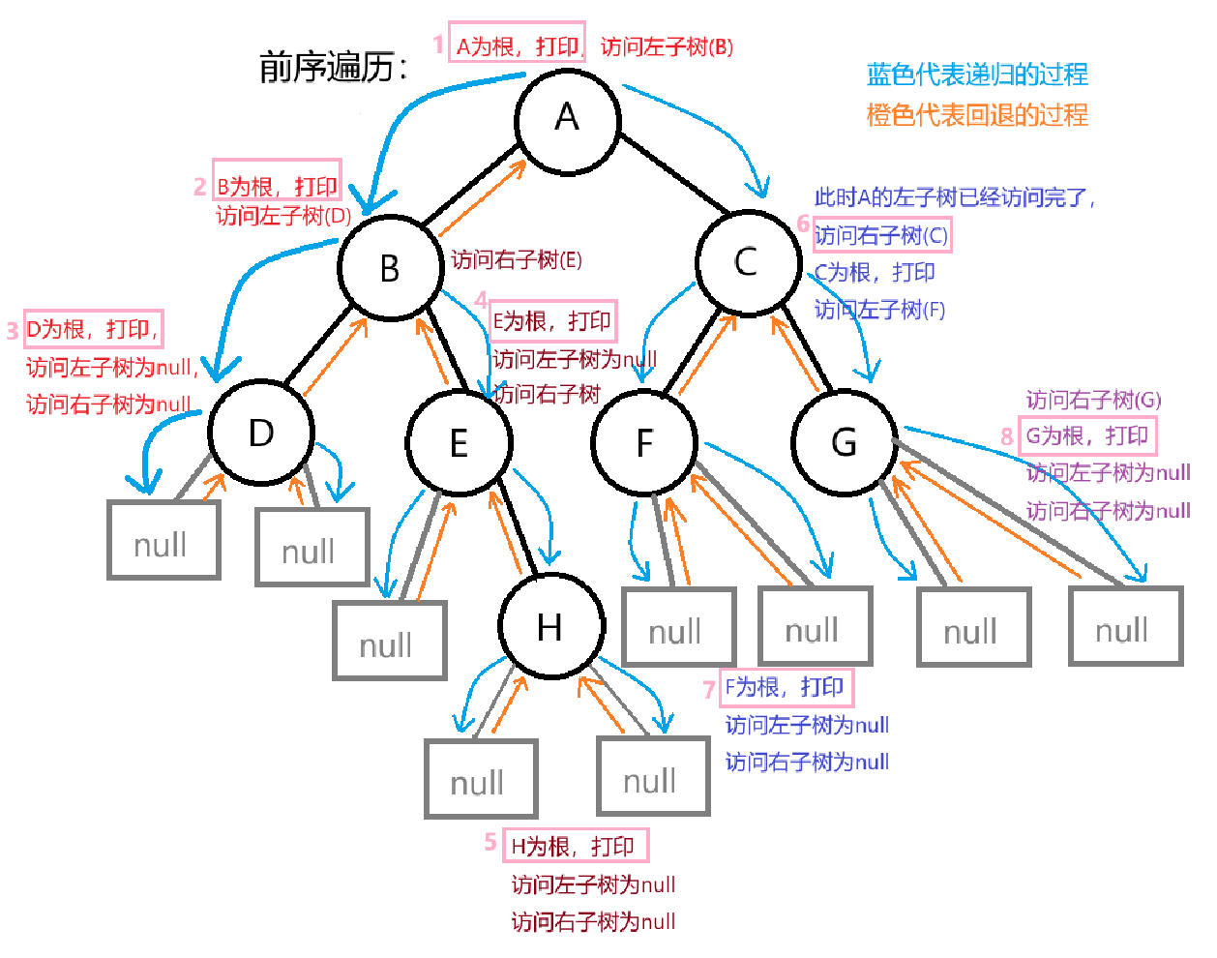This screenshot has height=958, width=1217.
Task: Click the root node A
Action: coord(567,120)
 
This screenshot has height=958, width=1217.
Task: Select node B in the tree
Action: coord(390,268)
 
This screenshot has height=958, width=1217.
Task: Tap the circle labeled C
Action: coord(747,261)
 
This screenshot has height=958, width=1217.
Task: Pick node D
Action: coord(261,433)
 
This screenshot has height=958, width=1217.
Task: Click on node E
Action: coord(459,443)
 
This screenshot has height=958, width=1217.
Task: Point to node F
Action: coord(644,443)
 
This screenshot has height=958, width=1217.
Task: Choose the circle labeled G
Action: coord(844,442)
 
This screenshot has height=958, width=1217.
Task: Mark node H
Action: coord(550,627)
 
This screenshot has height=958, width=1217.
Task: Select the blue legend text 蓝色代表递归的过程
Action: coord(977,75)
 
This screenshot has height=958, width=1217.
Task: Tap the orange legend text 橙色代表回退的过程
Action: coord(977,115)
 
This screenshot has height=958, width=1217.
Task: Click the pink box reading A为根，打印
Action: coord(517,45)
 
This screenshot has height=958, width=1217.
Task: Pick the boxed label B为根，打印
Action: coord(277,186)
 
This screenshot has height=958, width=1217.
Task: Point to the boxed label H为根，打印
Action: coord(575,847)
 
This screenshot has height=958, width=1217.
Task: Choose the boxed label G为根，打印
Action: coord(1087,435)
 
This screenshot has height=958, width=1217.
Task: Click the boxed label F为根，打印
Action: coord(786,687)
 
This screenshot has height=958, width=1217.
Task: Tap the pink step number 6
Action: coord(803,224)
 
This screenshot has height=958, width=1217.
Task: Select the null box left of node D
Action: coord(163,541)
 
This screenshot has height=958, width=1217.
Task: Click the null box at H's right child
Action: coord(653,777)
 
